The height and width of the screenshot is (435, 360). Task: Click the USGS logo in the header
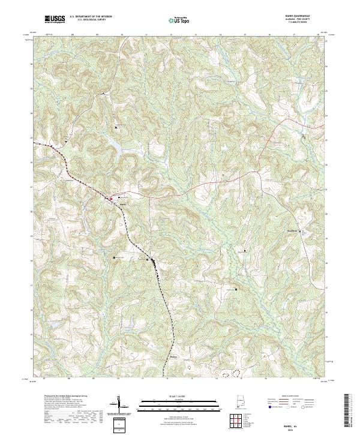point(55,19)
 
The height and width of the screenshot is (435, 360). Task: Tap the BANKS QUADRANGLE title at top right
point(298,17)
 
